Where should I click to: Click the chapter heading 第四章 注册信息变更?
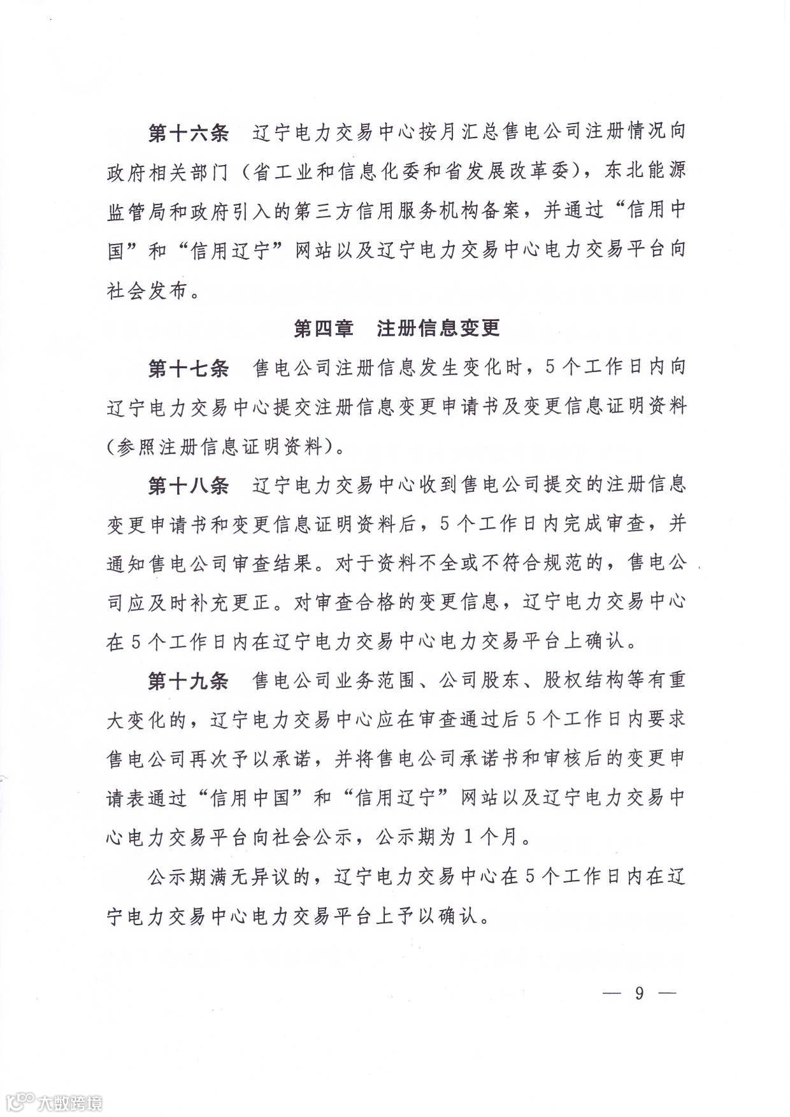(x=396, y=328)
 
